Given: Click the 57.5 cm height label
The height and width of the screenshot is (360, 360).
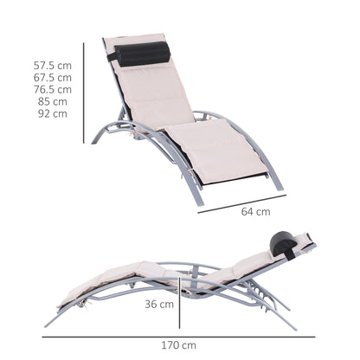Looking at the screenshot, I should point(52,65).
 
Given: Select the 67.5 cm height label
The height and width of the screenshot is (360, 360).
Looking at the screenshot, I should point(52,77).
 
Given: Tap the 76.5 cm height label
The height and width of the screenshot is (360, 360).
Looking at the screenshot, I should point(52,89).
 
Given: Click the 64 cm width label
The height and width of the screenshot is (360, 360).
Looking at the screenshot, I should point(257,210).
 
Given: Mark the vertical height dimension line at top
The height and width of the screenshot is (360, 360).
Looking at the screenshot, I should point(85,90).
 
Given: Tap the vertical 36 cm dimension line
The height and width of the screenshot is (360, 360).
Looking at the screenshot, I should point(179,305).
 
